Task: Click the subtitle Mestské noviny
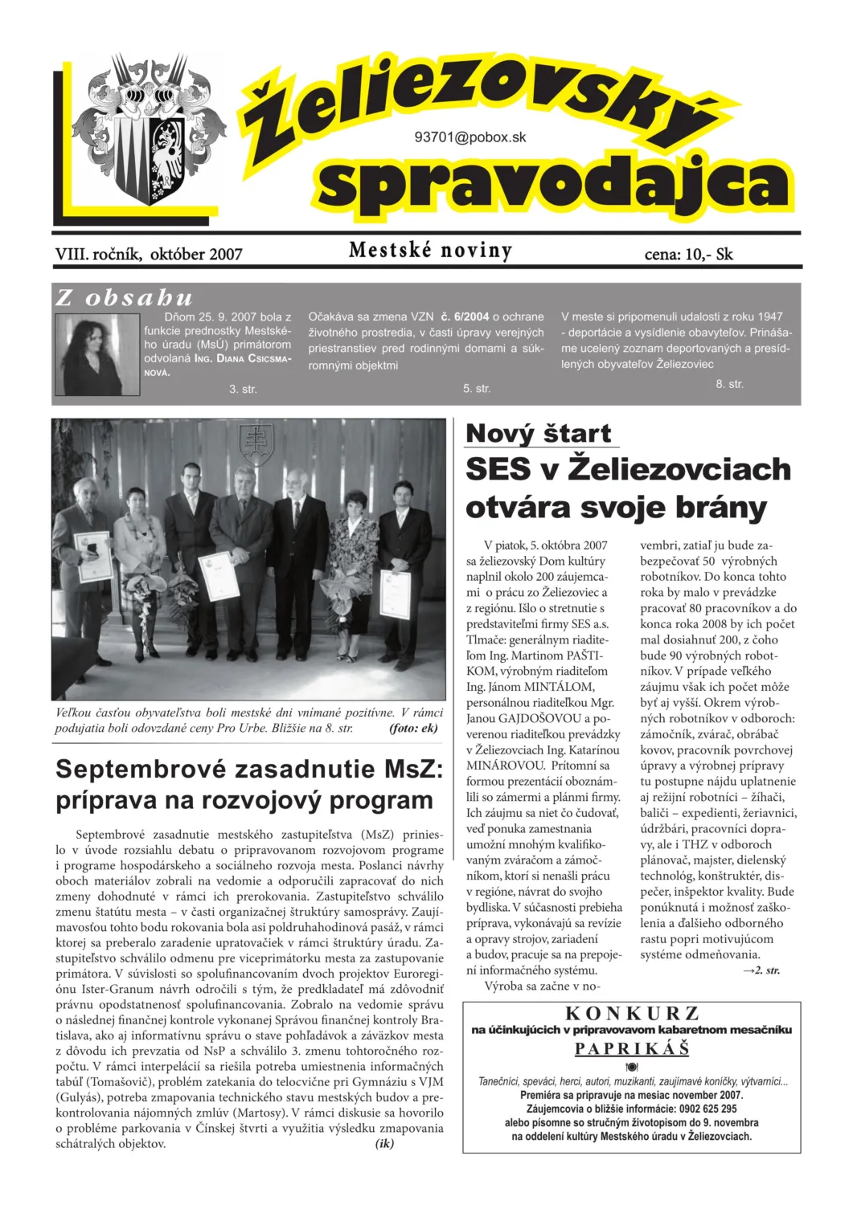430,251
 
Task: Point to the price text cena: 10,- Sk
688,255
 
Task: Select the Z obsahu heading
125,298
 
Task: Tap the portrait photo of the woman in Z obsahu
96,353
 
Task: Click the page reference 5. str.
477,389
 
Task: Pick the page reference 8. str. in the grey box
730,384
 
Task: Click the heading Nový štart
539,434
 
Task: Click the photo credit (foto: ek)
412,729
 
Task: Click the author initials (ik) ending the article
384,1143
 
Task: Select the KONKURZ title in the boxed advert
632,1014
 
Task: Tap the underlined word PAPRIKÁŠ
632,1049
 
